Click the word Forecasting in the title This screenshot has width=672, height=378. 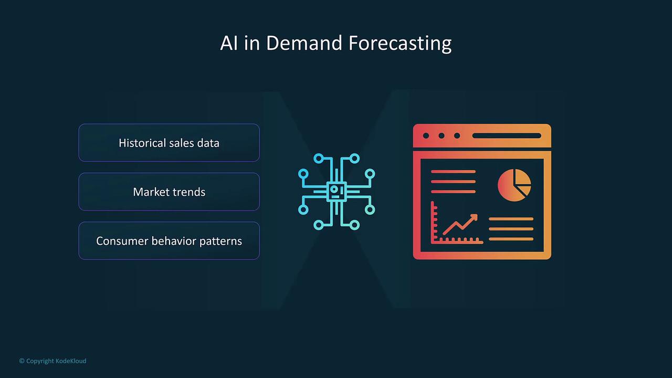400,44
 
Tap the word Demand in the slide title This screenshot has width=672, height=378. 304,43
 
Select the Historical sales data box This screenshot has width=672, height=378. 169,143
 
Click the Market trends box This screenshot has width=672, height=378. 169,192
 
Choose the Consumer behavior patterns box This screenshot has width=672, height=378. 169,240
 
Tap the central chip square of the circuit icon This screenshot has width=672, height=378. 337,192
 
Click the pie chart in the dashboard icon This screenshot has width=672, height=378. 514,185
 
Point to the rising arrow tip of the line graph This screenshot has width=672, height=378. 475,216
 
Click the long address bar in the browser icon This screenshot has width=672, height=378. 507,135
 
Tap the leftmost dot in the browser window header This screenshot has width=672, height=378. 426,135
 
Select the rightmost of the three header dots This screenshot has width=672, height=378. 457,135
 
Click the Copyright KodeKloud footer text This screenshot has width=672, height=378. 53,361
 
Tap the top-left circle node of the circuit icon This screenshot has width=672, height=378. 319,159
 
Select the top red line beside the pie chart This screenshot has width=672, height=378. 453,172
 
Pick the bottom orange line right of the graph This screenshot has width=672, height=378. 511,239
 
